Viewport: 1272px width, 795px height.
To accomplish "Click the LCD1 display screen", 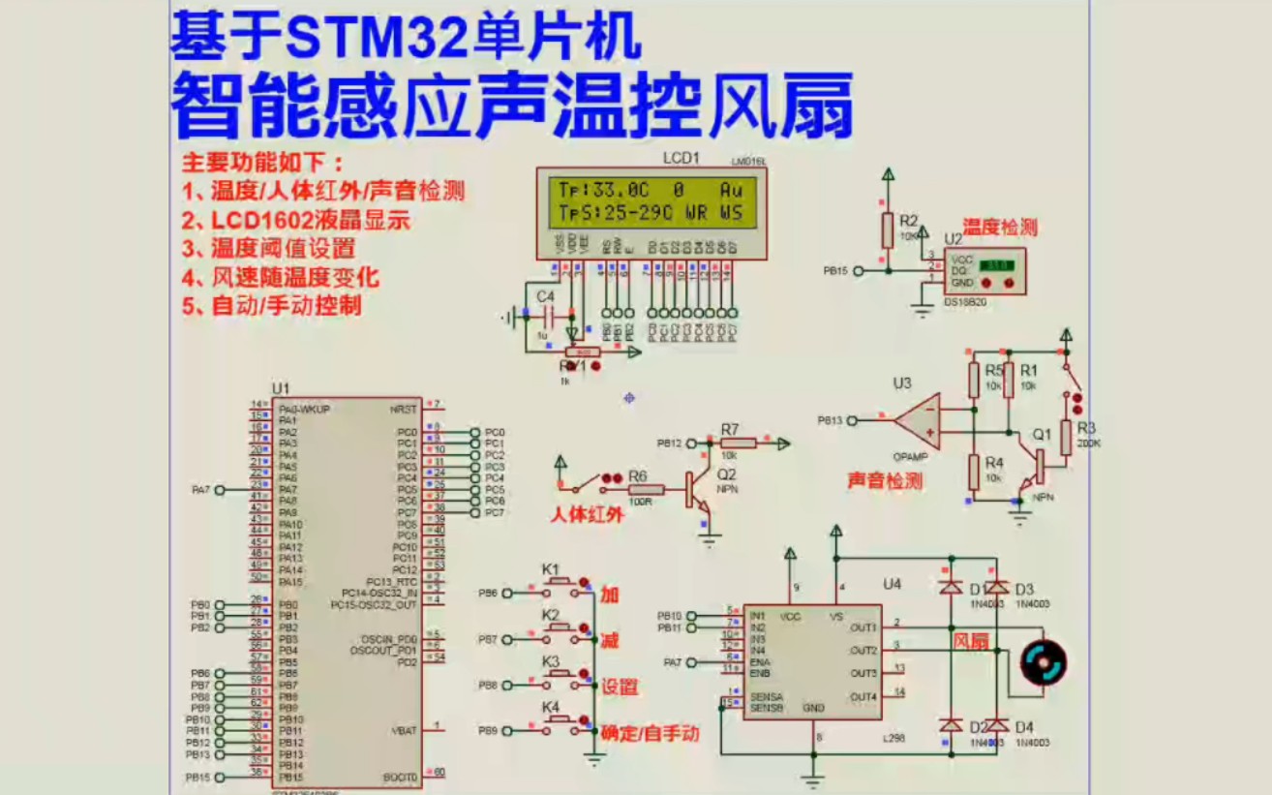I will [651, 201].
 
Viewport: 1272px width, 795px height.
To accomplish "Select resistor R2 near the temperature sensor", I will [887, 231].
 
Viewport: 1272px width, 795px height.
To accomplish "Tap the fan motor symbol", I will [1045, 662].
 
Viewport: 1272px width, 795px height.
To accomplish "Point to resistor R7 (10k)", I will [739, 443].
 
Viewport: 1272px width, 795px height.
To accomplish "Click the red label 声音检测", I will [885, 480].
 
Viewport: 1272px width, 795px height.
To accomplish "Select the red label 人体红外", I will [587, 514].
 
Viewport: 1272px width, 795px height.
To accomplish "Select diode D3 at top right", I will [997, 588].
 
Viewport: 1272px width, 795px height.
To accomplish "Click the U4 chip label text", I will [892, 584].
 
